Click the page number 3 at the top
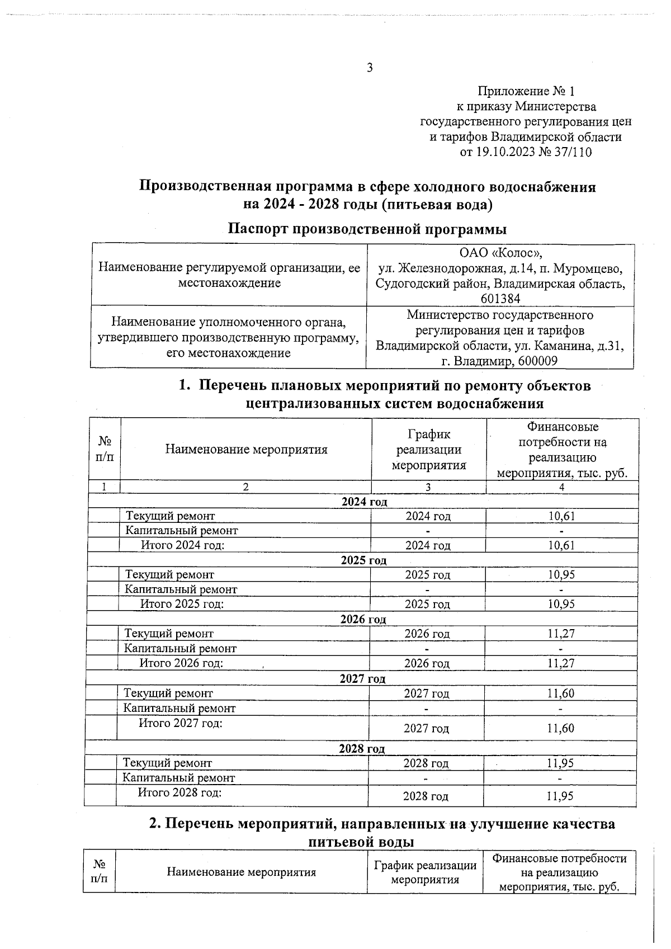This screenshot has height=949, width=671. (x=369, y=68)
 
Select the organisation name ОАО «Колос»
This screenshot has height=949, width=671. (x=500, y=253)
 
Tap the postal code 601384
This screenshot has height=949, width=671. (x=500, y=299)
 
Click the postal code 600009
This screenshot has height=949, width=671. (x=537, y=361)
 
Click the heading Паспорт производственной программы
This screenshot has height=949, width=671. (x=367, y=229)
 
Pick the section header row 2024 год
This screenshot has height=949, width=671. (x=364, y=502)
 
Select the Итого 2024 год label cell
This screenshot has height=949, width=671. (x=182, y=545)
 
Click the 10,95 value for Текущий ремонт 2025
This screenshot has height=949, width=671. (x=561, y=575)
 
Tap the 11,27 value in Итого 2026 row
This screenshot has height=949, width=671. (x=561, y=663)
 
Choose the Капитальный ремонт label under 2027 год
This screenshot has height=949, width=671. (x=179, y=708)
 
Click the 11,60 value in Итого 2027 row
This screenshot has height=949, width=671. (x=560, y=728)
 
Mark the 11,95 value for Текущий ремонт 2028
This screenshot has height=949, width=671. (x=560, y=763)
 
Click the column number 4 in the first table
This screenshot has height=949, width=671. (x=561, y=487)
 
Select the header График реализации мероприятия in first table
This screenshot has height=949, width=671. (x=428, y=449)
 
